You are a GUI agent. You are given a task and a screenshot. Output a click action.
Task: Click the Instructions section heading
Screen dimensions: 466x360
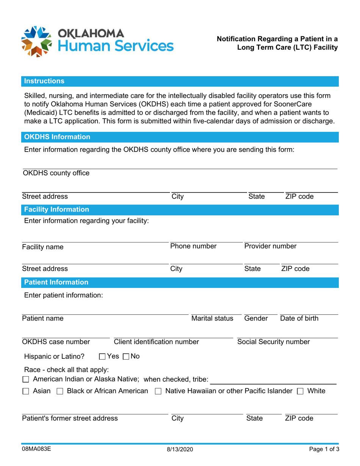pyautogui.click(x=44, y=81)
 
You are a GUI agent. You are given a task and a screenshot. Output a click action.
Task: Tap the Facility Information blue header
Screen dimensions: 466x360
pyautogui.click(x=57, y=209)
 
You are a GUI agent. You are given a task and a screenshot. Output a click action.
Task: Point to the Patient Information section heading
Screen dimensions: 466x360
pyautogui.click(x=56, y=282)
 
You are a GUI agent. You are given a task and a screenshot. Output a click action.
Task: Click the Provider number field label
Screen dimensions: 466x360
pyautogui.click(x=270, y=246)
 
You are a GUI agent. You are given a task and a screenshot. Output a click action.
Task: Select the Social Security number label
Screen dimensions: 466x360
pyautogui.click(x=273, y=342)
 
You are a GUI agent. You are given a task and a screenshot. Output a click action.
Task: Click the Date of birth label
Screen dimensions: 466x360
pyautogui.click(x=299, y=318)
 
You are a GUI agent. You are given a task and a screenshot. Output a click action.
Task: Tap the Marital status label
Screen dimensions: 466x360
pyautogui.click(x=212, y=318)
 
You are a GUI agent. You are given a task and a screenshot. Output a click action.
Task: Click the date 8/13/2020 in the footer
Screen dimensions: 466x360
pyautogui.click(x=180, y=449)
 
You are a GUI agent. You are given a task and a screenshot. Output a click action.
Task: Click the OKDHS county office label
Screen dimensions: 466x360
pyautogui.click(x=56, y=173)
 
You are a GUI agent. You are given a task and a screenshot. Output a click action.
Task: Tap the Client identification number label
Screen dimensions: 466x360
pyautogui.click(x=157, y=342)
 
